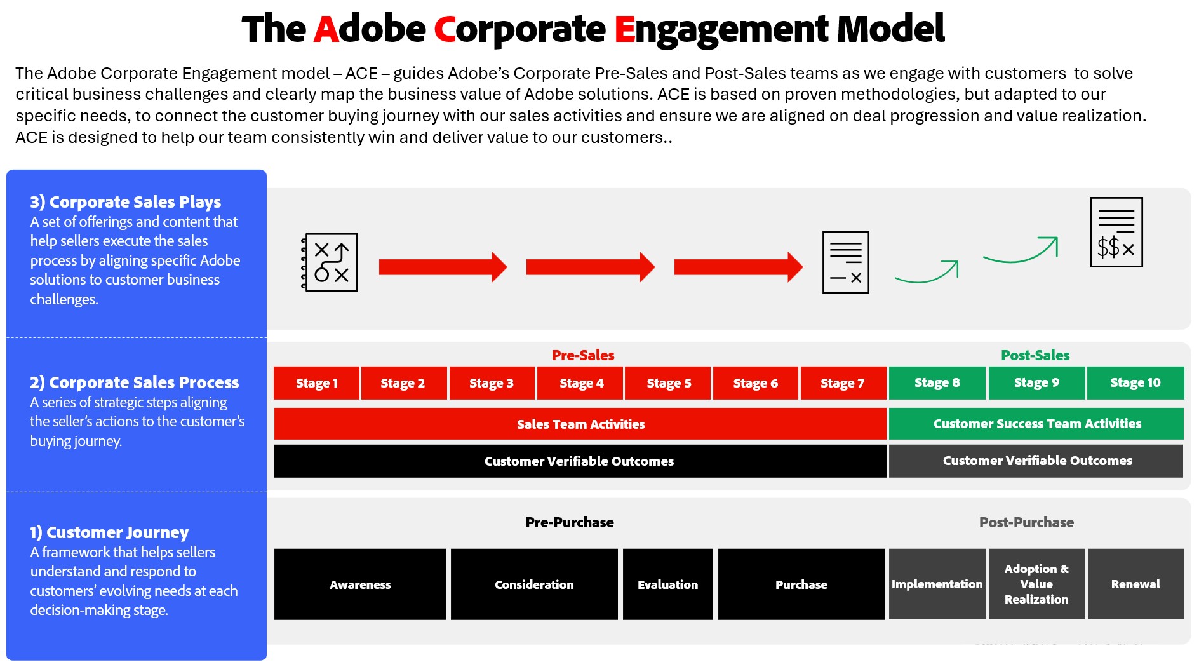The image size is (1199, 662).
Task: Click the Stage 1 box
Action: tap(316, 383)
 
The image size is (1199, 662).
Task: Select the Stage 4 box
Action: tap(581, 383)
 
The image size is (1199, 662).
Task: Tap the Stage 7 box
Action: tap(843, 383)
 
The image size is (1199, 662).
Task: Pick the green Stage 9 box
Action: tap(1036, 383)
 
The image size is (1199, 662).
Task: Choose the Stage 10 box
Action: tap(1135, 383)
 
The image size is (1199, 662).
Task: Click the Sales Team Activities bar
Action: tap(580, 424)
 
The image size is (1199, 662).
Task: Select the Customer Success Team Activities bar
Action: tap(1036, 424)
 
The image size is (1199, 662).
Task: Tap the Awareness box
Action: tap(360, 584)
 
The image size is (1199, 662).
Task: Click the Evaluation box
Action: tap(667, 584)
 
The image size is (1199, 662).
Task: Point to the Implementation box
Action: tap(937, 584)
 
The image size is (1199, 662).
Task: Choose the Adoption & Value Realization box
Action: tap(1036, 584)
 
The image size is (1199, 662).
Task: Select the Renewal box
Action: tap(1135, 584)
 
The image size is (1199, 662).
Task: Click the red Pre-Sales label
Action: tap(583, 355)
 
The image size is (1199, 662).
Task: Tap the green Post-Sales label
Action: tap(1035, 355)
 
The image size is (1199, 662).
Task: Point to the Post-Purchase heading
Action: tap(1026, 522)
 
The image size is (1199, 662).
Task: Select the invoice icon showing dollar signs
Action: tap(1116, 232)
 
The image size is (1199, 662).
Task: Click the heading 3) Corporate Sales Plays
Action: tap(125, 202)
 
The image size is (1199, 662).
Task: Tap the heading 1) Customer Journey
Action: tap(109, 532)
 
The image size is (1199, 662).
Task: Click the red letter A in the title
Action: tap(326, 29)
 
